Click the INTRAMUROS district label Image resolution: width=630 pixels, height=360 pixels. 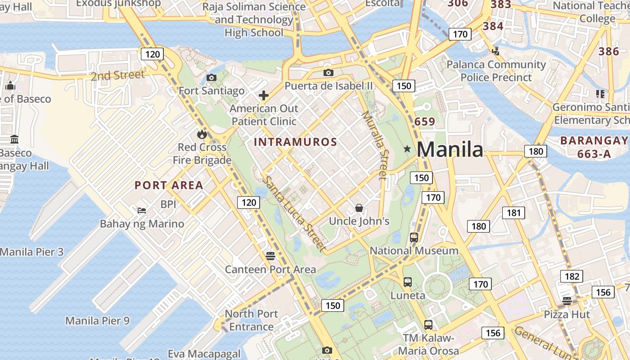[x=295, y=142]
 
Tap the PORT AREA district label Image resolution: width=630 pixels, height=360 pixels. [x=169, y=185]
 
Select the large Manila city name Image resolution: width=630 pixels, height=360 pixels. [x=450, y=149]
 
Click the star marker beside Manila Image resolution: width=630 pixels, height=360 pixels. [x=407, y=148]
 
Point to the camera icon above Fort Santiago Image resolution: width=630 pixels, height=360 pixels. [x=211, y=78]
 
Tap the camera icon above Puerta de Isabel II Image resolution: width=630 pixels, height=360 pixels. [x=328, y=72]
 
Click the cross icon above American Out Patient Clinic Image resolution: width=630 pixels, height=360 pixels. [x=264, y=95]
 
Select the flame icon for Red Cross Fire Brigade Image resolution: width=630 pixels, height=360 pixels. [x=202, y=134]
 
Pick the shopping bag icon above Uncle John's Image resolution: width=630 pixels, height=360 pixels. [x=359, y=208]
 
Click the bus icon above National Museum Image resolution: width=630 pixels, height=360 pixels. [x=414, y=238]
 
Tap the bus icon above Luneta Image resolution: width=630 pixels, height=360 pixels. [x=408, y=282]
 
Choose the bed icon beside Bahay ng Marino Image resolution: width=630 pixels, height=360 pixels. [x=142, y=210]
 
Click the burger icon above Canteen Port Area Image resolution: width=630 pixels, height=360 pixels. [x=270, y=256]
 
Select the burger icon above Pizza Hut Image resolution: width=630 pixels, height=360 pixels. [x=567, y=301]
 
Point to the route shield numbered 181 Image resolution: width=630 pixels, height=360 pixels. [x=513, y=213]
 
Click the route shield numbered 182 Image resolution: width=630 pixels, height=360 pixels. [x=571, y=276]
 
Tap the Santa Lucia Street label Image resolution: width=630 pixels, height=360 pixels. [x=294, y=214]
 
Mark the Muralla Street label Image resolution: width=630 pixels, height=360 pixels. [x=374, y=145]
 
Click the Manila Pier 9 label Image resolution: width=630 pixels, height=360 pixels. [x=98, y=321]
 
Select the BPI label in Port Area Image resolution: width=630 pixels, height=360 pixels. [x=168, y=204]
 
